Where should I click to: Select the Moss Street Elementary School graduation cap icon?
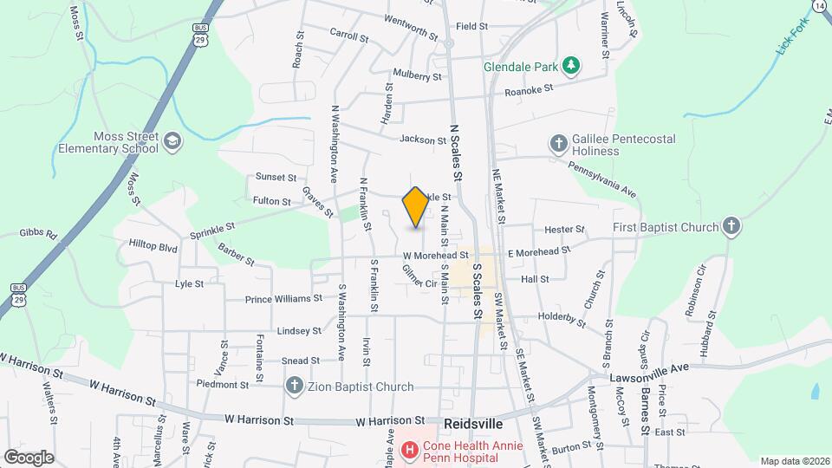tap(172, 141)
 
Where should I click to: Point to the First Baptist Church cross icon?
tap(732, 227)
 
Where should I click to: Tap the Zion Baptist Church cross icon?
tap(295, 386)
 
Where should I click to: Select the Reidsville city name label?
tap(472, 425)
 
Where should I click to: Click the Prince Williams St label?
tap(283, 299)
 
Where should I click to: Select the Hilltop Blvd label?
tap(153, 248)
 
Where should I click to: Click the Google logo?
tap(29, 457)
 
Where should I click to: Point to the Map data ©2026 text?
tap(794, 461)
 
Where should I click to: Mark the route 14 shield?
tap(819, 5)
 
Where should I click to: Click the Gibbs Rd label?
tap(38, 234)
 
